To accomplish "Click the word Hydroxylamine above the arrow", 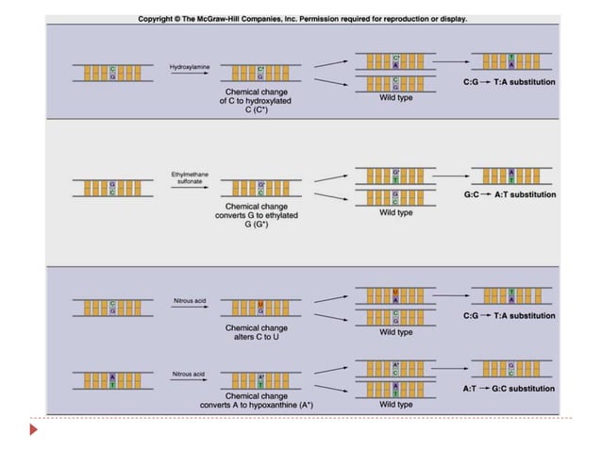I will [188, 68].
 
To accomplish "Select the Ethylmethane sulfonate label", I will [188, 178].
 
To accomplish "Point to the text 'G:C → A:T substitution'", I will [510, 195].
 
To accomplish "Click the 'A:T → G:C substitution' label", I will [510, 389].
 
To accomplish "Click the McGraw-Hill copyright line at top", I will [303, 19].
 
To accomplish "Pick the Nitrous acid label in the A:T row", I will [188, 374].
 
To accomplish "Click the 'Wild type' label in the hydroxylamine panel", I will [395, 97].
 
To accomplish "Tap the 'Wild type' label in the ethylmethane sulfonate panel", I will [395, 213].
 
